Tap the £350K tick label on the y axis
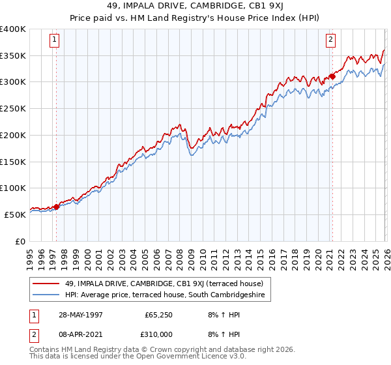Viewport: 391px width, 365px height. (13, 55)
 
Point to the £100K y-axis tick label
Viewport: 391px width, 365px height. (13, 188)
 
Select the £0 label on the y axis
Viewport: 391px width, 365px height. (20, 241)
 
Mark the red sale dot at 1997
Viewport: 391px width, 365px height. (57, 207)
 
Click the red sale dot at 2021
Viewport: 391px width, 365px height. (332, 77)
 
